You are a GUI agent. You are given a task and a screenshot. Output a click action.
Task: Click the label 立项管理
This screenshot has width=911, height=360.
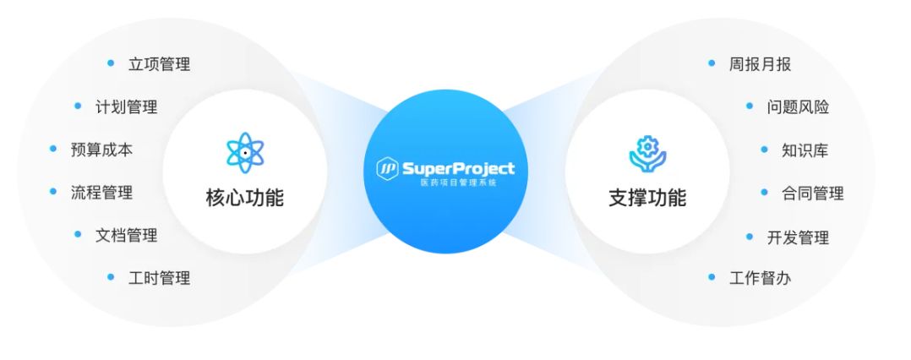coord(159,64)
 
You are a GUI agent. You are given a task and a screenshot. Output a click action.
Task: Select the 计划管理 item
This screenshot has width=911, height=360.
coord(126,107)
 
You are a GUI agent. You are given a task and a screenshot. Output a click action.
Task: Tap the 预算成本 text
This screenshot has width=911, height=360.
coord(101,150)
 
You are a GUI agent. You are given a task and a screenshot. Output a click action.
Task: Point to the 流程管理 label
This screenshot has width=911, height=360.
coord(101,193)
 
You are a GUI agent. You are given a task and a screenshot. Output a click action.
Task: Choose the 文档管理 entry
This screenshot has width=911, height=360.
coord(126,235)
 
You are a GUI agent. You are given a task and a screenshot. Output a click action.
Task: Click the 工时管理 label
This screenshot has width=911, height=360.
coord(159,278)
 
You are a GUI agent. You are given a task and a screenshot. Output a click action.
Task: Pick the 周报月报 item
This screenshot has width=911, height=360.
coord(760,64)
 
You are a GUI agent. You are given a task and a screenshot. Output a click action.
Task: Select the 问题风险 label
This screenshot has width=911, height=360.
coord(798,107)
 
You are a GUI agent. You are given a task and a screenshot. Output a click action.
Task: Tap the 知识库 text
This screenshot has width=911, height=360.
coord(805,150)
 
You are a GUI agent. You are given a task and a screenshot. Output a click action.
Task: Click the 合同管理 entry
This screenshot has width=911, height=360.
coord(812,194)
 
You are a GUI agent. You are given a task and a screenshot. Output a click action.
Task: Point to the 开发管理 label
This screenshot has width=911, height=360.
coord(798,237)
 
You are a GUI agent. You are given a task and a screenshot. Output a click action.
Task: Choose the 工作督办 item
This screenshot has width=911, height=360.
coord(760,277)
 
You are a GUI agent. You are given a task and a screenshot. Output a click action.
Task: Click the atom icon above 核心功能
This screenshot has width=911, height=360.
coord(245,152)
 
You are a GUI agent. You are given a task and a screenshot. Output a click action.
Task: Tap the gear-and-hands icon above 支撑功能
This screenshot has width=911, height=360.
coord(647,152)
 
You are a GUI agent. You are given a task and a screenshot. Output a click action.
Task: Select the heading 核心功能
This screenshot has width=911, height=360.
coord(245,199)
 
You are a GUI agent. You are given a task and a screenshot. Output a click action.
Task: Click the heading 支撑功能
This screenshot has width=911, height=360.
coord(647,199)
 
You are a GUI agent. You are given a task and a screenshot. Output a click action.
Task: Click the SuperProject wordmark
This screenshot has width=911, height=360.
coord(457,168)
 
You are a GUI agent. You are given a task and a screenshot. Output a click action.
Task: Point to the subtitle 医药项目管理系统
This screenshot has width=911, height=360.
coord(457,183)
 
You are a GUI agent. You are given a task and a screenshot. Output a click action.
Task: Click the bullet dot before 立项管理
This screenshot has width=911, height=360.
coord(111,63)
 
